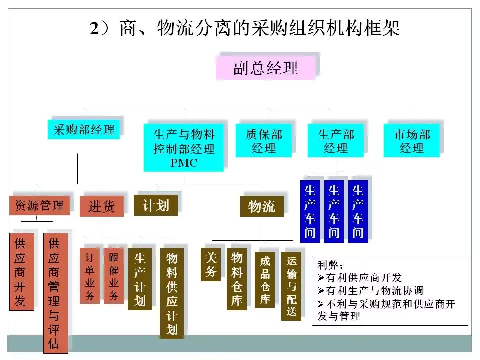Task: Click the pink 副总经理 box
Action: click(265, 68)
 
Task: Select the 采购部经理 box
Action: click(84, 130)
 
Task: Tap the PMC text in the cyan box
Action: click(184, 163)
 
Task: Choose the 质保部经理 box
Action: click(264, 141)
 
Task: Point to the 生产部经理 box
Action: click(336, 141)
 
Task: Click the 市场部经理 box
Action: click(412, 141)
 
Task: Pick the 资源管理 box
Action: click(40, 205)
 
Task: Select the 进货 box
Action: click(102, 206)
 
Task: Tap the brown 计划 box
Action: click(156, 205)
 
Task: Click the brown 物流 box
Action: click(261, 206)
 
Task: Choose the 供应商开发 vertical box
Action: click(22, 272)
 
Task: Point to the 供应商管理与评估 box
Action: click(55, 293)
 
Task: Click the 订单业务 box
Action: click(90, 276)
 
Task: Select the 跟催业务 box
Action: click(114, 276)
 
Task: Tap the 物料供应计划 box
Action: click(172, 293)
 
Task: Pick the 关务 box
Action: click(211, 264)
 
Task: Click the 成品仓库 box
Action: click(265, 280)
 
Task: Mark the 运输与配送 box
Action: click(291, 286)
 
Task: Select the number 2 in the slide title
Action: click(94, 28)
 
